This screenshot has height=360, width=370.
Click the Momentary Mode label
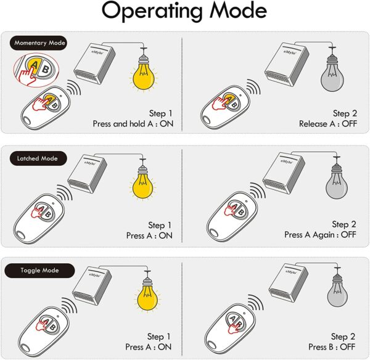click(x=38, y=43)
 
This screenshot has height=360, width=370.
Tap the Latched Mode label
click(x=38, y=158)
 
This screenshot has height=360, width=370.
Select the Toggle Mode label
click(x=39, y=271)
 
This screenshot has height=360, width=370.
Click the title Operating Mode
click(x=184, y=10)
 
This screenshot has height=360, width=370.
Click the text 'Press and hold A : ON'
click(x=133, y=124)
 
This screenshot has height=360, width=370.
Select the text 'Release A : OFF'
click(x=328, y=124)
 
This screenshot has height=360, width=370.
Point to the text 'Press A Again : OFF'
click(x=320, y=235)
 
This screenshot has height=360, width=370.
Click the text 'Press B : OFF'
click(x=332, y=347)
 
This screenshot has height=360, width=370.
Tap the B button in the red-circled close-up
click(x=46, y=69)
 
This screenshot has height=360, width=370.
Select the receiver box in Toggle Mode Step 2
click(x=289, y=282)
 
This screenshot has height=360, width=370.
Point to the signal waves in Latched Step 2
click(x=257, y=190)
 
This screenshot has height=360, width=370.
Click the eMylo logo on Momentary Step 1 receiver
click(x=97, y=52)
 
